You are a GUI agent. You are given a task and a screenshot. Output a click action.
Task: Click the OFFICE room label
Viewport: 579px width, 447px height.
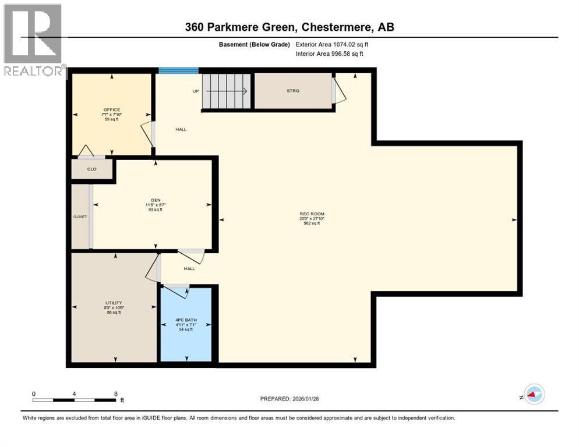(x=112, y=109)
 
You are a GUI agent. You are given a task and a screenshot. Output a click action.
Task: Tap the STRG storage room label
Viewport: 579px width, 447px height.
(x=292, y=91)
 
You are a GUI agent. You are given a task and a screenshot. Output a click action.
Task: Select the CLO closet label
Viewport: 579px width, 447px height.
(x=91, y=169)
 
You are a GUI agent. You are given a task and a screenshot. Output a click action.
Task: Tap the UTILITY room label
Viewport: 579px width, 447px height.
(x=114, y=303)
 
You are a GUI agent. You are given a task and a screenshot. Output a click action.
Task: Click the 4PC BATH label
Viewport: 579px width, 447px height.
(x=186, y=318)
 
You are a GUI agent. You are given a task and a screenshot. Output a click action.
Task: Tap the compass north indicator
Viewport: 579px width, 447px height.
(x=534, y=395)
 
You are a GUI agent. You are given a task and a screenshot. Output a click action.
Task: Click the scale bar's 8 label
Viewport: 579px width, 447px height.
(x=116, y=394)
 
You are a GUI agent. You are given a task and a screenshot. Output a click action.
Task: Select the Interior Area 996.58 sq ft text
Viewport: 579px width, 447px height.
(x=330, y=54)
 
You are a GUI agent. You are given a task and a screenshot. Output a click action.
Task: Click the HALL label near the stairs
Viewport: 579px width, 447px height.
(x=181, y=129)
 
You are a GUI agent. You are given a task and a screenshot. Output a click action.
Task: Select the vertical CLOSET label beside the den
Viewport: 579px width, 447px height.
(x=80, y=216)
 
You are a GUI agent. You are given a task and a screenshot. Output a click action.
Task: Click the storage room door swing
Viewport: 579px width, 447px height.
(x=336, y=92)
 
